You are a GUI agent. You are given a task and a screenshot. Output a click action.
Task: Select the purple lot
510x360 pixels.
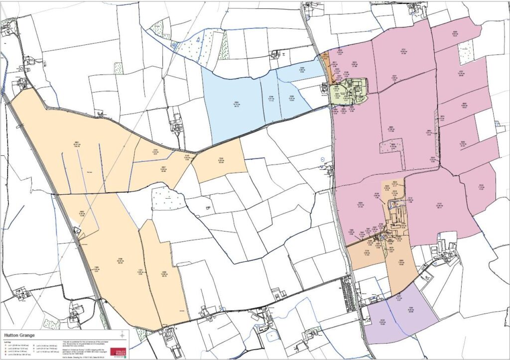point(398,314)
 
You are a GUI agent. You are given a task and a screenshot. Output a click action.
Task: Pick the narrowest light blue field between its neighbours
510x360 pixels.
point(269,98)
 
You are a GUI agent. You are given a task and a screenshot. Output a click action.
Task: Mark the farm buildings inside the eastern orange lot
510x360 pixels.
point(396,219)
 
